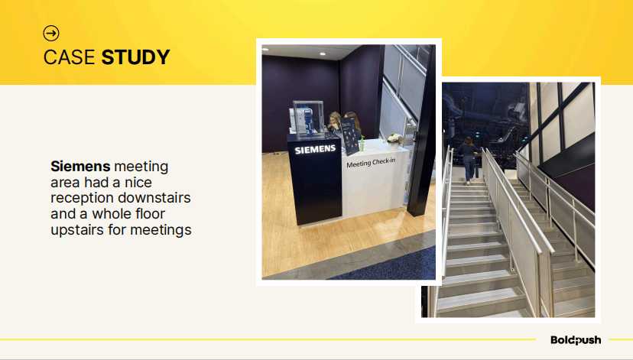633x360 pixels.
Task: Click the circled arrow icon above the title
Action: point(51,33)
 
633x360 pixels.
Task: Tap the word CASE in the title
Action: point(69,57)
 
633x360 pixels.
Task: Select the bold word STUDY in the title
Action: point(135,57)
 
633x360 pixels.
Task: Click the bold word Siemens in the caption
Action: point(80,166)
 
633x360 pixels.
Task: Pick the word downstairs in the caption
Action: point(154,198)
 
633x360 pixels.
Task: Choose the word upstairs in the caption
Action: point(77,230)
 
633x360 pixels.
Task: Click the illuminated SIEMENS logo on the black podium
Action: point(315,150)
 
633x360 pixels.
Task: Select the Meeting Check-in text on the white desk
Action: point(371,163)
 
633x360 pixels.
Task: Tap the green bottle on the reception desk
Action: point(362,144)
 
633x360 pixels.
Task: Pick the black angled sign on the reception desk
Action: point(350,136)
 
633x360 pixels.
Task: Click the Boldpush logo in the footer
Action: point(576,340)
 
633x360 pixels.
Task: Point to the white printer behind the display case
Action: point(300,119)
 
